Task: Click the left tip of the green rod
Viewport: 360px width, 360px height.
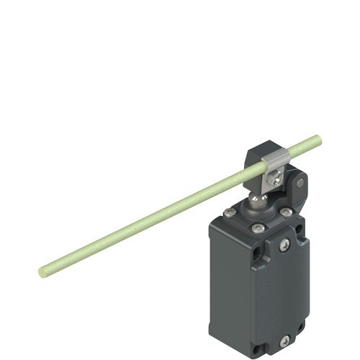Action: click(x=41, y=271)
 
